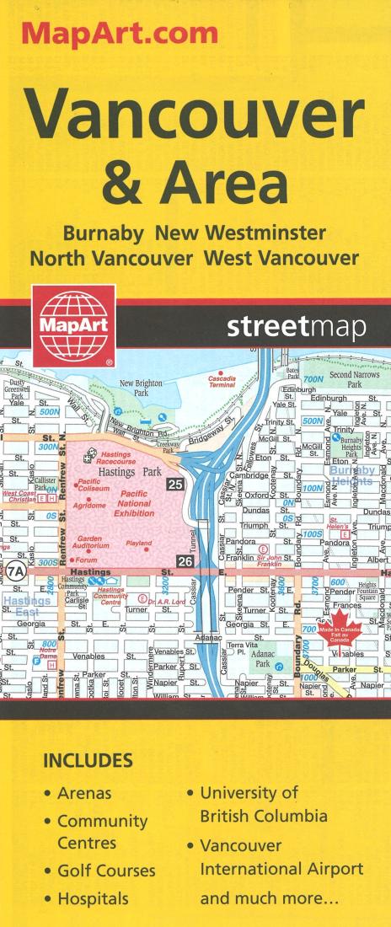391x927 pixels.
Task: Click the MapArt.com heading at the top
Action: [x=120, y=34]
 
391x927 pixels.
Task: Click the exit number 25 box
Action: [x=175, y=484]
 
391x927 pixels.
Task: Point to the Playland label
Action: [x=139, y=544]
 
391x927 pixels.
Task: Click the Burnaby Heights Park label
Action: [x=351, y=444]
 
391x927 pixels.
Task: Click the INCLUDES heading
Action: [x=88, y=761]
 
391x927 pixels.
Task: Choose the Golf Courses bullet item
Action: [x=106, y=871]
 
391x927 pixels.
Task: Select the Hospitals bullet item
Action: [x=93, y=898]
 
